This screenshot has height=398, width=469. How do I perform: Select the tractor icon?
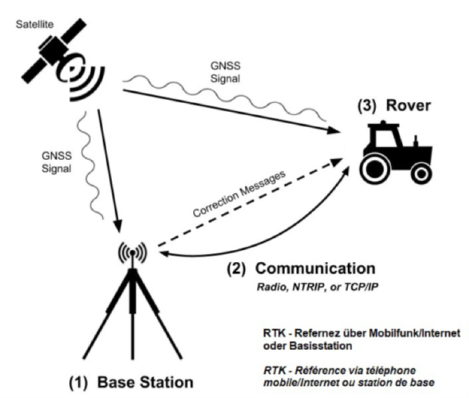coord(396,149)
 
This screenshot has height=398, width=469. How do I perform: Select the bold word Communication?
coord(315,269)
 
